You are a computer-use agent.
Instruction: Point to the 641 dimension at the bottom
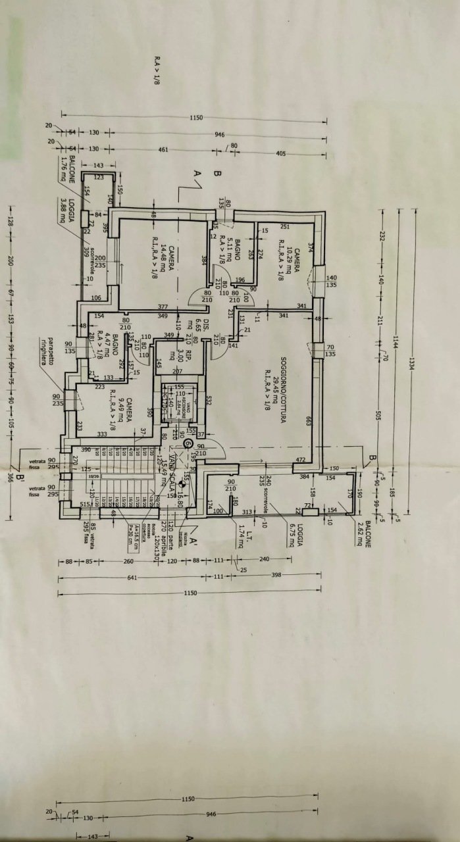pyautogui.click(x=132, y=578)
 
